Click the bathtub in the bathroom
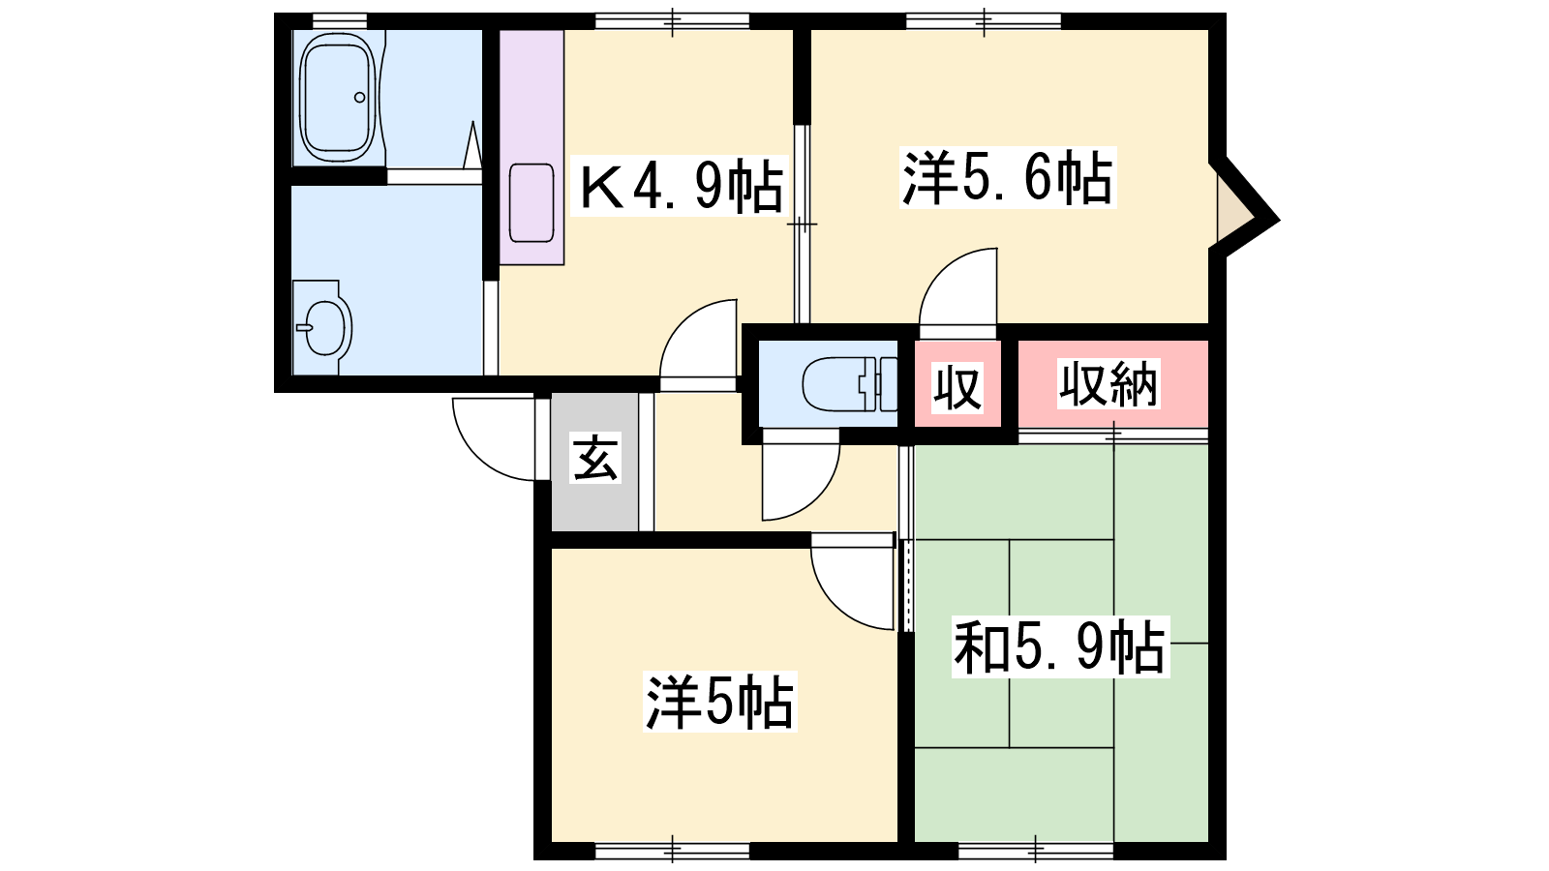(339, 97)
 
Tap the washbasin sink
(323, 328)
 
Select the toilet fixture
(850, 383)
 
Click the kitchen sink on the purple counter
(532, 202)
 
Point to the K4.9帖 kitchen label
(682, 185)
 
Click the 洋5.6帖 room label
(1008, 177)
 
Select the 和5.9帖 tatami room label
(1060, 647)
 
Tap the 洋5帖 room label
(719, 702)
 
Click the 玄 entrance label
(594, 457)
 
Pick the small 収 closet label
(957, 387)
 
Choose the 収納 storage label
(1109, 383)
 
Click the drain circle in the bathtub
(359, 98)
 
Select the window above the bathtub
(340, 20)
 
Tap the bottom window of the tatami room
(1036, 850)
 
